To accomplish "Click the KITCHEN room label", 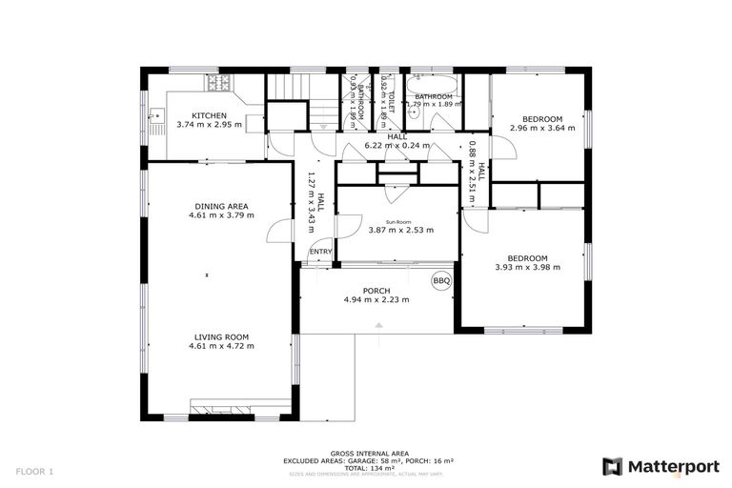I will point(208,115).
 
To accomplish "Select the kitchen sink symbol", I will point(154,118).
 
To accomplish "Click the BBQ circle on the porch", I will point(440,281).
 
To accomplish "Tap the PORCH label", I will point(376,291).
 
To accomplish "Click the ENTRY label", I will point(321,252).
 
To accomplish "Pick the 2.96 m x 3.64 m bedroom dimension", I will point(541,128).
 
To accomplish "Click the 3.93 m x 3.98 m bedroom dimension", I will point(527,268).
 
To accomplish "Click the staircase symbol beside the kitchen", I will point(289,88).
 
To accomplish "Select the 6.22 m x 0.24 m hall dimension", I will point(397,147).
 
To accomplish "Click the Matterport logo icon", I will point(612,466).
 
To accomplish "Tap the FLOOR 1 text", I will point(35,471).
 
